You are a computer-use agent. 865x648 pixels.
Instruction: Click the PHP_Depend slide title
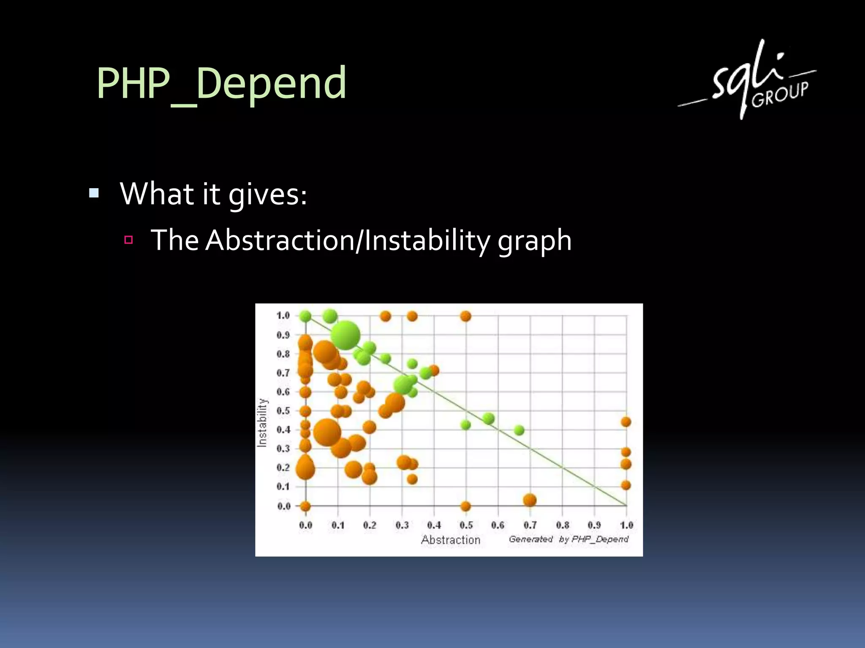point(221,83)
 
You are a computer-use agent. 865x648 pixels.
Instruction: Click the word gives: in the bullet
point(267,194)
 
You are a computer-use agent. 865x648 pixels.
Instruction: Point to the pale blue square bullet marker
point(94,194)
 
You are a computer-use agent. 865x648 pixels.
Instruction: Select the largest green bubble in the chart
point(345,335)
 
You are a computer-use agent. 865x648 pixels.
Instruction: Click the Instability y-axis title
point(262,422)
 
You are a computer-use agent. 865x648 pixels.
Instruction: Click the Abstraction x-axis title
point(450,540)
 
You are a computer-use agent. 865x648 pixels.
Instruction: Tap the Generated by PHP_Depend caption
point(568,539)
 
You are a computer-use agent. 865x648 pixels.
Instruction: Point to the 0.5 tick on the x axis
point(466,525)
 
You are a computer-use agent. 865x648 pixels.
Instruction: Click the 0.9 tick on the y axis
point(283,335)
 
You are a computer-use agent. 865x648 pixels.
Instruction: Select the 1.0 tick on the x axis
point(626,525)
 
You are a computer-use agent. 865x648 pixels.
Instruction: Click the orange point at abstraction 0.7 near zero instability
point(530,500)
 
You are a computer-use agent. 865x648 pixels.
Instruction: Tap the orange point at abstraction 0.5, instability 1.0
point(465,316)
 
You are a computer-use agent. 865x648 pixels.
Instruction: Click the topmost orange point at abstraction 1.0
point(626,422)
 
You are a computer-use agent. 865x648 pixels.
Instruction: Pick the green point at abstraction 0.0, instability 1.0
point(305,316)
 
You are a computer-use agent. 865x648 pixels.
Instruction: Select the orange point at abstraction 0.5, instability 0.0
point(465,506)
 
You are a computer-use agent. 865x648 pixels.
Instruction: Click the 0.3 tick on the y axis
point(283,448)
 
